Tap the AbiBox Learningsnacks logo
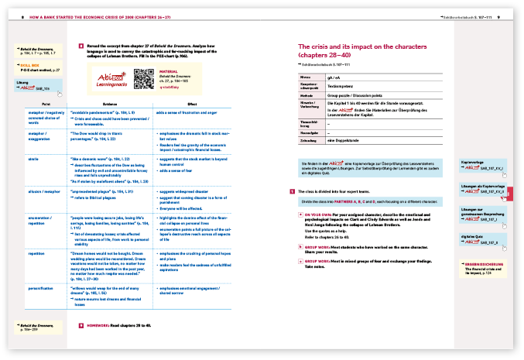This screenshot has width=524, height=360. [x=111, y=79]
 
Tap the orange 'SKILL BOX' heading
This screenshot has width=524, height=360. [x=30, y=66]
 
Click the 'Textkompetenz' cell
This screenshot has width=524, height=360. [x=345, y=86]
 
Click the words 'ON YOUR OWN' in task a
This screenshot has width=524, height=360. [x=318, y=213]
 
